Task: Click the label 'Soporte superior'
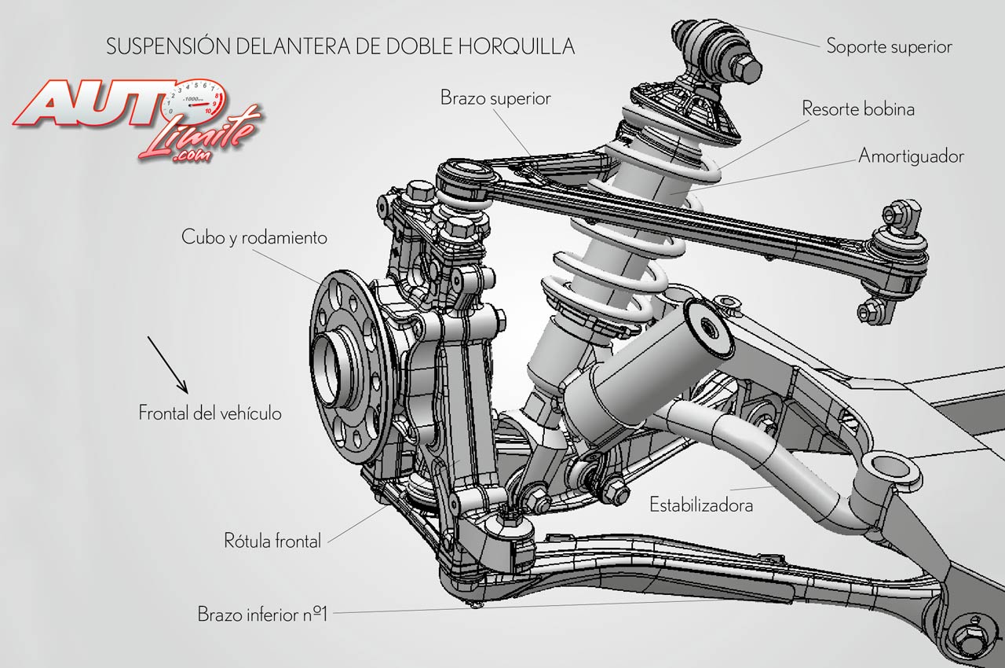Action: click(889, 46)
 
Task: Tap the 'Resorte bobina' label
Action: click(857, 109)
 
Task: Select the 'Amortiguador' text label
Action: click(911, 156)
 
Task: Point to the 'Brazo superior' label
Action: click(495, 98)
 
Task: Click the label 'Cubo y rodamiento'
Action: click(254, 237)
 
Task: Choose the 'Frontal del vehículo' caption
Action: click(210, 413)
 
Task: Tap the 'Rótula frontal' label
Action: click(272, 541)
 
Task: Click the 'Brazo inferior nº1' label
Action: click(261, 614)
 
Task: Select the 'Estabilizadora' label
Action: click(701, 505)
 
